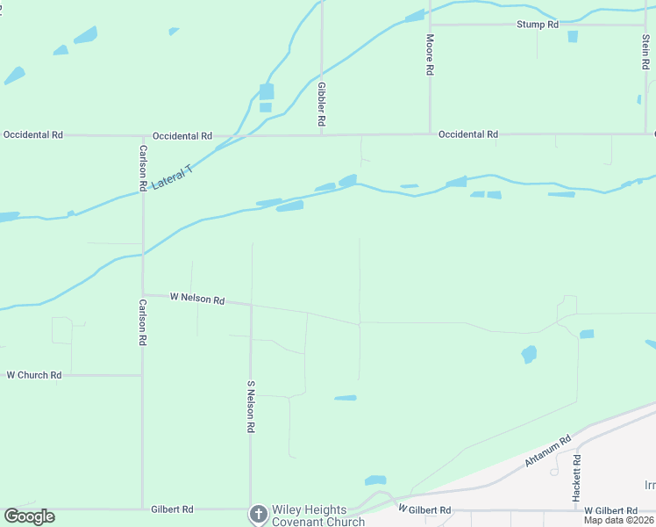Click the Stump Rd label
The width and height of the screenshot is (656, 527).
tap(538, 25)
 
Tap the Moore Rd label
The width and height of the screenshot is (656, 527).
tap(430, 54)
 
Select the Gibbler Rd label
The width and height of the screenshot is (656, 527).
tap(322, 103)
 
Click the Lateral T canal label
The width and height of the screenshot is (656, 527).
tap(171, 179)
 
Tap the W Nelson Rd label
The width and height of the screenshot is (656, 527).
tap(197, 299)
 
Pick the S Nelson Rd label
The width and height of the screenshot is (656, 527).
tap(251, 406)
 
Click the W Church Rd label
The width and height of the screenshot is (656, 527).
tap(34, 375)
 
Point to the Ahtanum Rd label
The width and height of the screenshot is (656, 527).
tap(548, 450)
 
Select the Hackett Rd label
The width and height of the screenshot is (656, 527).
tap(576, 477)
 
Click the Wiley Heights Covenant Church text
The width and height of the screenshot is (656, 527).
tap(317, 516)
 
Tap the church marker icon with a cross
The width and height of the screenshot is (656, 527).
tap(258, 514)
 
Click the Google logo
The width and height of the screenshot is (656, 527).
tap(29, 516)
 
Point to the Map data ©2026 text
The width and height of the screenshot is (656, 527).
tap(618, 520)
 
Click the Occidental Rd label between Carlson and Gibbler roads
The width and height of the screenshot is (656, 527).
tap(182, 136)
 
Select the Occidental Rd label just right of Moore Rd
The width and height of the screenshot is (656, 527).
tap(468, 134)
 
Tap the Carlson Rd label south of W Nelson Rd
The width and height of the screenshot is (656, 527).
tap(142, 322)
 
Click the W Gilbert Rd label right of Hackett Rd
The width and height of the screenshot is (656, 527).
tap(610, 510)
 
